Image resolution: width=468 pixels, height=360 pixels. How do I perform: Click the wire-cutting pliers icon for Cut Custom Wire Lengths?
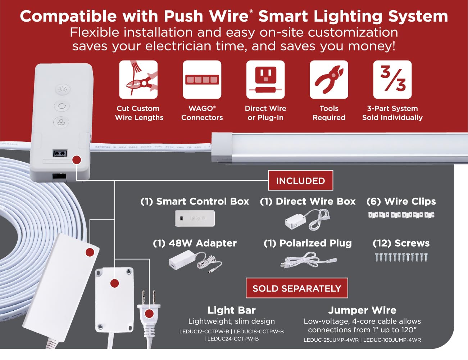point(138,80)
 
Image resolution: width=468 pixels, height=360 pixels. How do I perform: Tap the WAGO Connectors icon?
point(202,80)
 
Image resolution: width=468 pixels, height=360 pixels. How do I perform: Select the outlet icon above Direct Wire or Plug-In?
point(265,80)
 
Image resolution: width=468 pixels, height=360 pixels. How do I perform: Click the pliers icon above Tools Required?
point(329,80)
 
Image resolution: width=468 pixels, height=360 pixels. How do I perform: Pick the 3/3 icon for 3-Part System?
point(392,80)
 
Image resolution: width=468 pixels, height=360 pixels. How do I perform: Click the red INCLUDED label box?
point(300,180)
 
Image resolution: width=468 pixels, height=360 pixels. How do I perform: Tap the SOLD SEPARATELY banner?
point(297,288)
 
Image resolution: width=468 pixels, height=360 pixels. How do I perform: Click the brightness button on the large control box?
point(63,89)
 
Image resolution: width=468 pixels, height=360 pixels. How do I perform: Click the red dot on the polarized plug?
point(149,314)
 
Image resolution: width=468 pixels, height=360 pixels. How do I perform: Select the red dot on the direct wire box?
point(114,284)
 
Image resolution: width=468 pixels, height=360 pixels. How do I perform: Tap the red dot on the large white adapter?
point(90,252)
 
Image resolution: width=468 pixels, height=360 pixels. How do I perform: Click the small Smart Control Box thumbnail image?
point(195,218)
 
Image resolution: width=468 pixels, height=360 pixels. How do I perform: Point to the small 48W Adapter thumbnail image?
point(195,262)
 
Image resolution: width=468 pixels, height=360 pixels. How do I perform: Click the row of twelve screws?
point(401,257)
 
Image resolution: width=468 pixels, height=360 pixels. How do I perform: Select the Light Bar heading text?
point(232,310)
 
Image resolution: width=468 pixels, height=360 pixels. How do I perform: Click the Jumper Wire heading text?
point(362,310)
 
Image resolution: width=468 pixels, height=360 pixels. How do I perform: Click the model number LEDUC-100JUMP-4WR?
point(392,340)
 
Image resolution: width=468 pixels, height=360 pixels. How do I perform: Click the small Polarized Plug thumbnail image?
point(308,260)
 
